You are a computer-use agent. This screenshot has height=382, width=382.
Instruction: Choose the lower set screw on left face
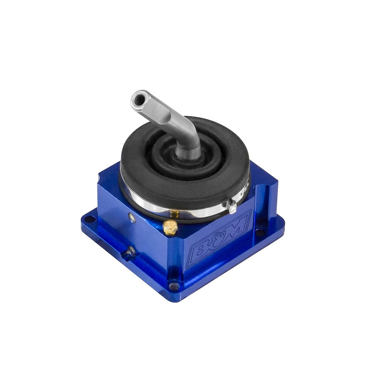pos(131,251)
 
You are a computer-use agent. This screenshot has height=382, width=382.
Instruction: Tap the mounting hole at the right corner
pos(260,233)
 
